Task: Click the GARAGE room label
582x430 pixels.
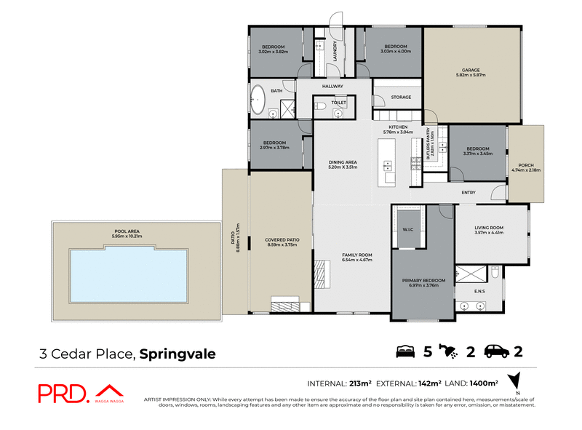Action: click(x=473, y=71)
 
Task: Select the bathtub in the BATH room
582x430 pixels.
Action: click(x=258, y=100)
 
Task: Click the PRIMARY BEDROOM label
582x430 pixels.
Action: click(x=423, y=279)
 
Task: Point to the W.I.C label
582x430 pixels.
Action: click(x=407, y=232)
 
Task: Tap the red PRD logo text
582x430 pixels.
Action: click(x=63, y=393)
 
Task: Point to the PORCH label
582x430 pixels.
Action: click(x=525, y=165)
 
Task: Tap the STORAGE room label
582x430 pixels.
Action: click(x=401, y=97)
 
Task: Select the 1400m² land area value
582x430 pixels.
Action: click(x=483, y=382)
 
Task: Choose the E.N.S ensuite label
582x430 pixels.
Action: click(x=479, y=291)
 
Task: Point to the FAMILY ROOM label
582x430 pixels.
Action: click(x=357, y=255)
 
